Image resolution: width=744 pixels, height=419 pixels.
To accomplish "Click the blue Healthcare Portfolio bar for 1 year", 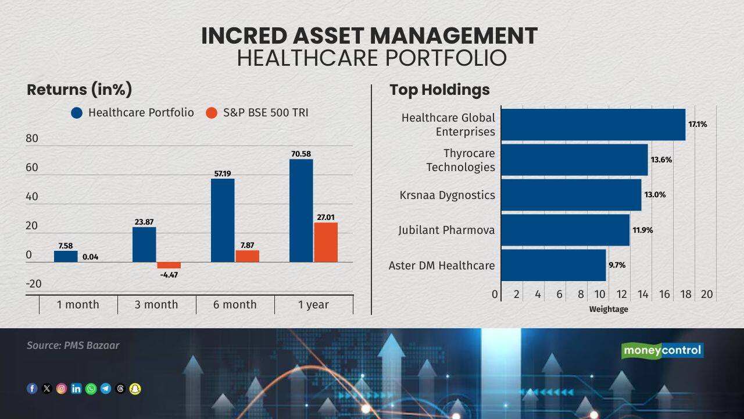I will tap(301, 210).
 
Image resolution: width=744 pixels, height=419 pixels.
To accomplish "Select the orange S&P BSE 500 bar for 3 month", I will tap(169, 265).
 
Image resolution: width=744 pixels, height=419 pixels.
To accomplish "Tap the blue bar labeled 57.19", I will tap(223, 220).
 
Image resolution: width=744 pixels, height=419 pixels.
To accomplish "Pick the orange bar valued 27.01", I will tap(325, 242).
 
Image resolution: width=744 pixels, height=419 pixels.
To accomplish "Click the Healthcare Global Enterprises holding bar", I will tap(593, 125).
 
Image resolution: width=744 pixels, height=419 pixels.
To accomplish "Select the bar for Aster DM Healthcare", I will tap(553, 265).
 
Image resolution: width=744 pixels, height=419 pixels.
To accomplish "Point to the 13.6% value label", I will tap(661, 159).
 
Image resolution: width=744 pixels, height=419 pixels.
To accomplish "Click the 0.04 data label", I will tap(90, 257).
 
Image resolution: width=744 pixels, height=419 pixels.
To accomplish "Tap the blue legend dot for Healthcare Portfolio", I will tap(77, 113).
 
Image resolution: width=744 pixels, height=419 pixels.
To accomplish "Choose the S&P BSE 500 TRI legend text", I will tap(266, 113).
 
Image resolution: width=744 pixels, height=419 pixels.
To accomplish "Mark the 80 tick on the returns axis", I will tap(32, 139).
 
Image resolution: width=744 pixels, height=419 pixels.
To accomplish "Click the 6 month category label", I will tap(235, 304).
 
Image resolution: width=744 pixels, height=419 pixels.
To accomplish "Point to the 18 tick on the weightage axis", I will tap(686, 294).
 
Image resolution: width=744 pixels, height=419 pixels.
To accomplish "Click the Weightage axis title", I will tap(609, 309).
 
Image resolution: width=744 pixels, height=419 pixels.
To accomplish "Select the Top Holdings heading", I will tap(439, 90).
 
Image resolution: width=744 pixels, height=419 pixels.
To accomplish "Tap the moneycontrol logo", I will tap(662, 350).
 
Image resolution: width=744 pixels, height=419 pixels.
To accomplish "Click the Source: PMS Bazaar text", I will tap(73, 345).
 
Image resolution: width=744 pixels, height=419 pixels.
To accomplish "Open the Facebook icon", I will tap(32, 389).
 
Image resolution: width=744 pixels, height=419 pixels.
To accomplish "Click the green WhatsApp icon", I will tap(91, 389).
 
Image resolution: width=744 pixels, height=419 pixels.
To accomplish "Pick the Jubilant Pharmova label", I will tap(446, 230).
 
